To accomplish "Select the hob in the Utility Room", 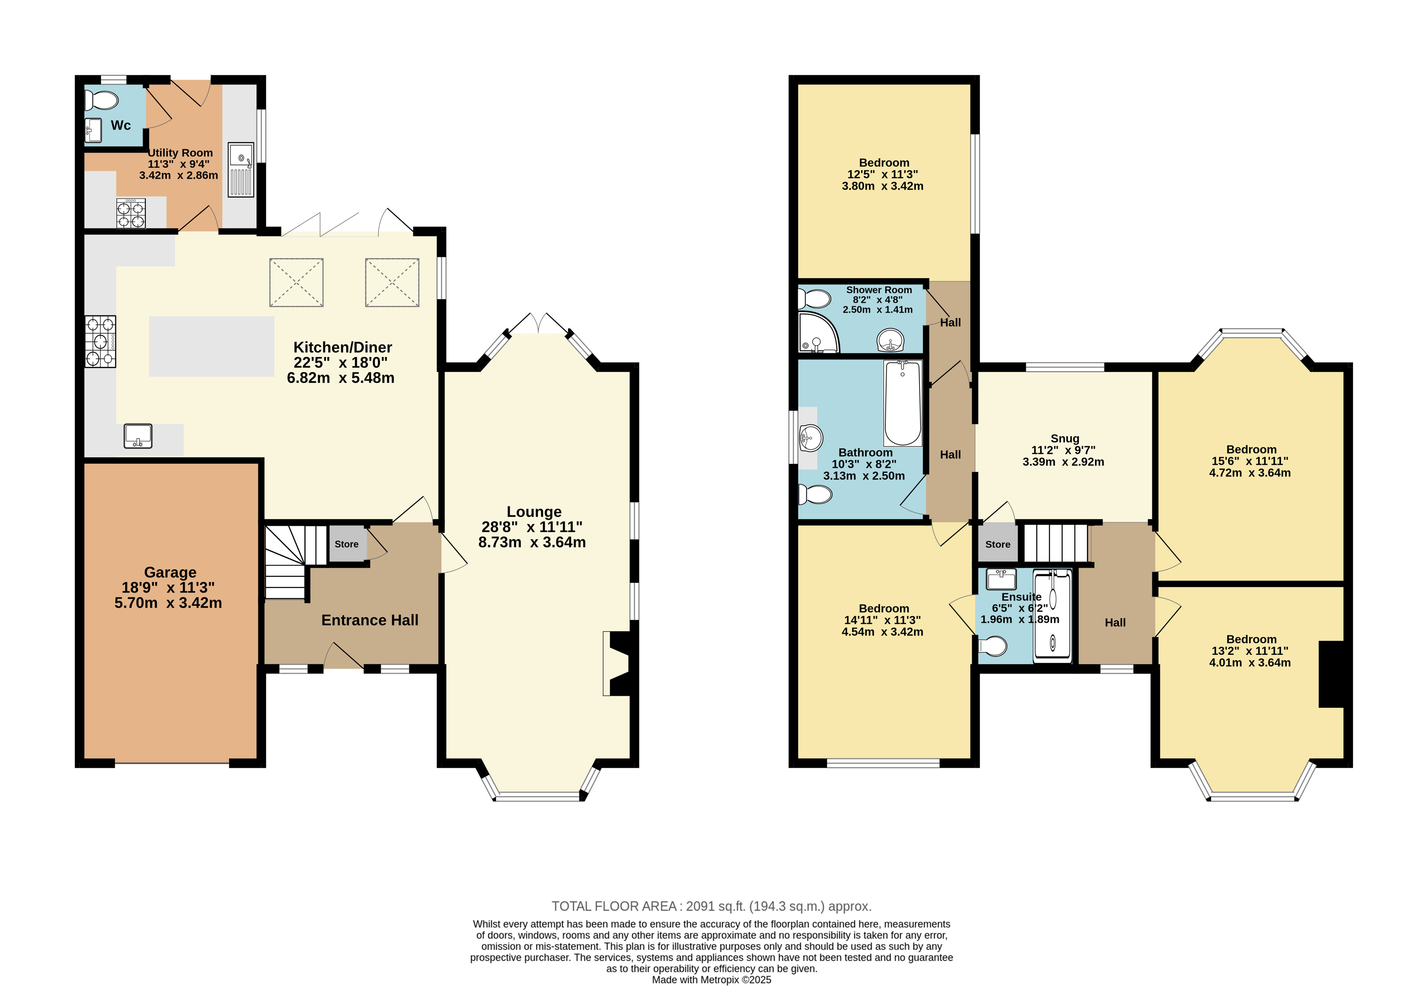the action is click(x=131, y=213).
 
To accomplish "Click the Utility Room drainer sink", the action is click(x=241, y=170).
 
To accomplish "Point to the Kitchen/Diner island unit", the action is click(x=211, y=347).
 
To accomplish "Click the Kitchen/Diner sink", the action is click(x=138, y=435).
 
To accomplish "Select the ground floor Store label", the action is click(x=347, y=544).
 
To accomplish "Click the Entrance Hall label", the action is click(x=370, y=620).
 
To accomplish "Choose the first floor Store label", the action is click(x=998, y=544).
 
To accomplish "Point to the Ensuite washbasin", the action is click(x=1001, y=580).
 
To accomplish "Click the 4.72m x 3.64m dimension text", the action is click(x=1250, y=472).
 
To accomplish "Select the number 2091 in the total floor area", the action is click(x=700, y=906).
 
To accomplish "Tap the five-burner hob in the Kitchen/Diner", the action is click(x=101, y=342).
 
